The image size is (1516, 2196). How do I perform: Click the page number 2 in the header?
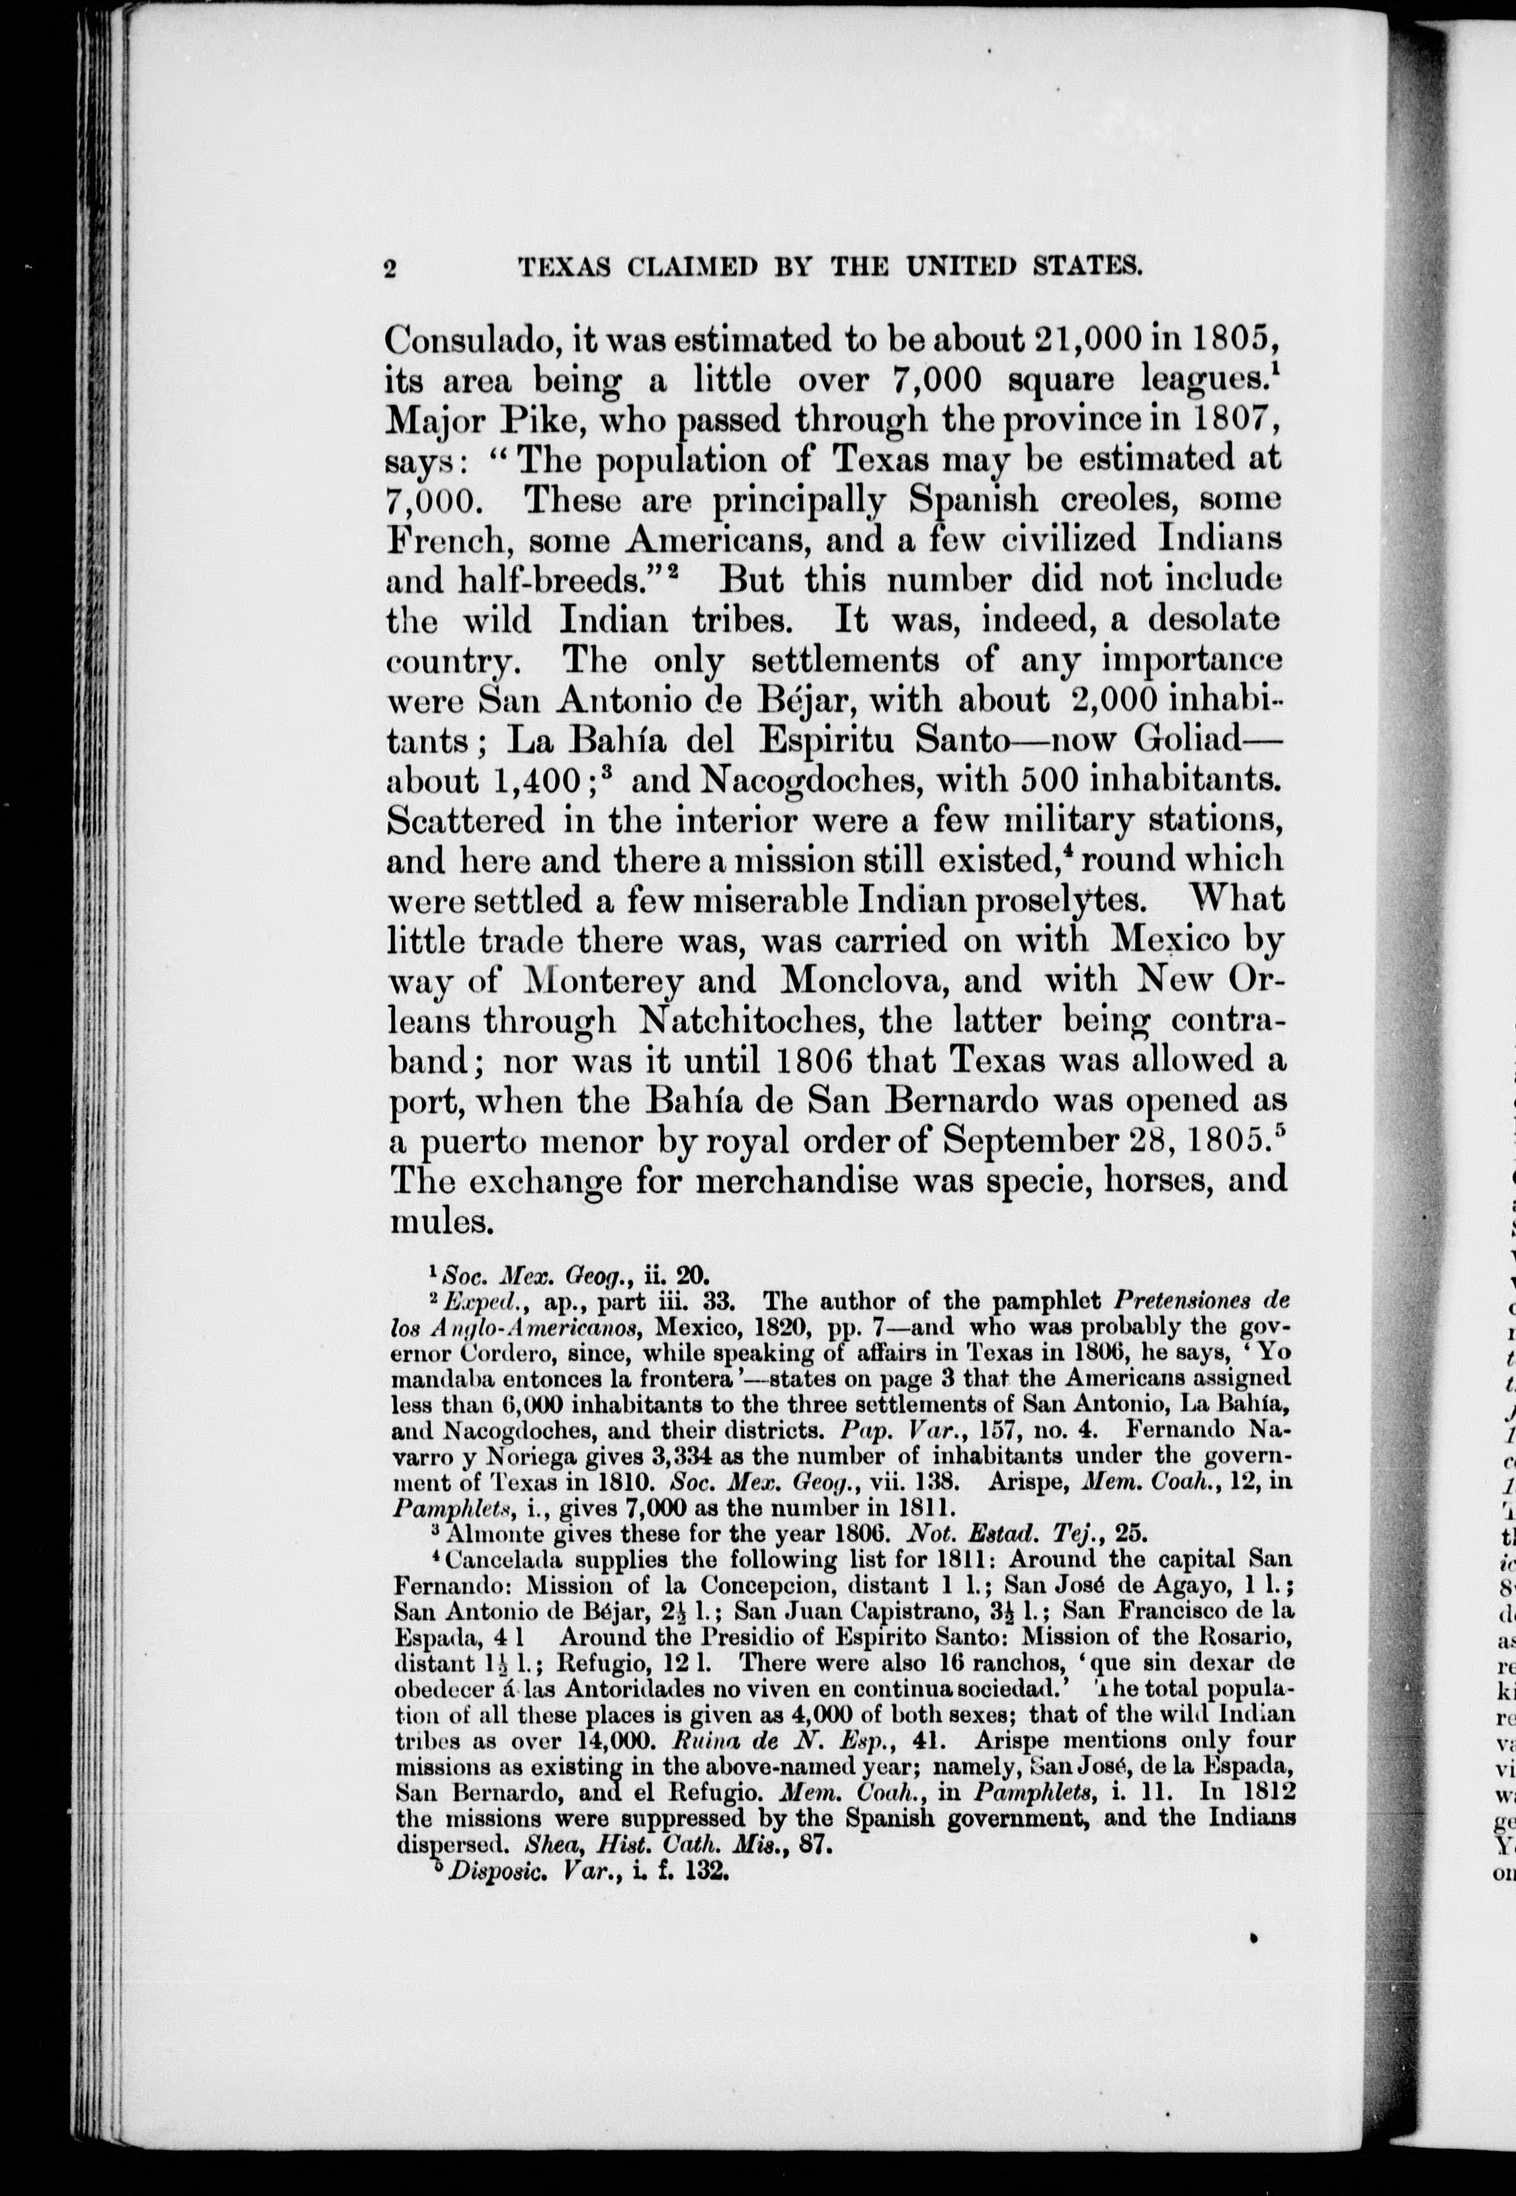pos(390,269)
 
